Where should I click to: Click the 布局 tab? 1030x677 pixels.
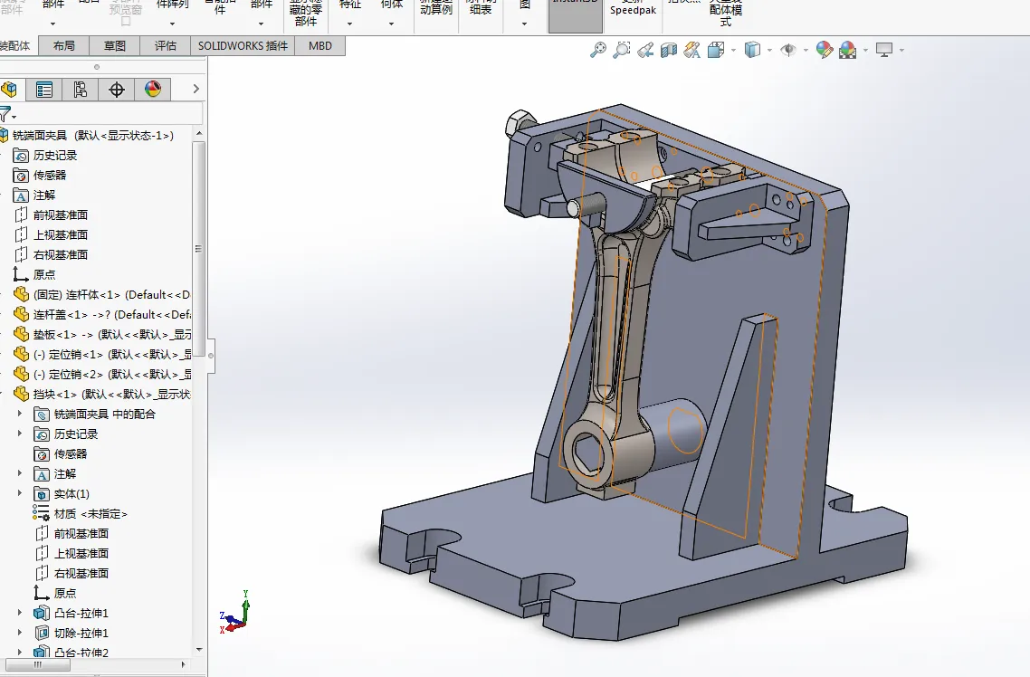pyautogui.click(x=63, y=45)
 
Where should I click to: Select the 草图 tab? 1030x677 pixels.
pyautogui.click(x=114, y=45)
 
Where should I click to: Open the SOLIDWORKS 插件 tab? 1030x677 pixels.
pyautogui.click(x=243, y=45)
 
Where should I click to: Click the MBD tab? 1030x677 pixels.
pyautogui.click(x=319, y=45)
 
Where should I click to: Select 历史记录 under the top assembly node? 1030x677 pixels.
pyautogui.click(x=55, y=156)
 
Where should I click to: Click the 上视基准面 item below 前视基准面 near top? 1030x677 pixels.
pyautogui.click(x=61, y=235)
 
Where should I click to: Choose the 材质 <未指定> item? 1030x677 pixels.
pyautogui.click(x=91, y=514)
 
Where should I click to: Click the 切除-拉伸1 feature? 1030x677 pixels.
pyautogui.click(x=81, y=634)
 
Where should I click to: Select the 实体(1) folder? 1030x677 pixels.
pyautogui.click(x=72, y=494)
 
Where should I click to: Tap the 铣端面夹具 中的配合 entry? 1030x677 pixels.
pyautogui.click(x=104, y=415)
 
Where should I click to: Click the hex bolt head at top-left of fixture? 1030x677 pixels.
pyautogui.click(x=521, y=124)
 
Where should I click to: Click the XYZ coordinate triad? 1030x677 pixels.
pyautogui.click(x=236, y=612)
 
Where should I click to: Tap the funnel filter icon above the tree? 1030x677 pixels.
pyautogui.click(x=6, y=115)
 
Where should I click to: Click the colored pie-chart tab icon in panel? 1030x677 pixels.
pyautogui.click(x=152, y=89)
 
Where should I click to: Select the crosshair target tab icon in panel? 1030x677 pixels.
pyautogui.click(x=116, y=89)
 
